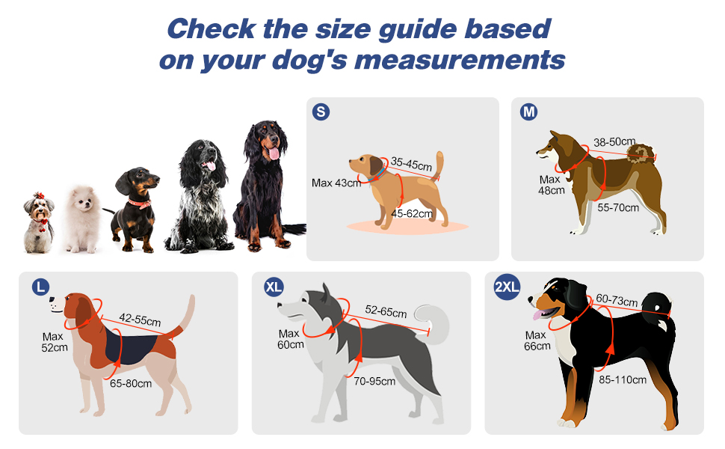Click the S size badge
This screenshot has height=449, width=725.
pos(321,112)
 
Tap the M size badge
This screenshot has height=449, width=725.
pos(528,112)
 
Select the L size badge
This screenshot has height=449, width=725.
pos(40,287)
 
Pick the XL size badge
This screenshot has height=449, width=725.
pos(274,287)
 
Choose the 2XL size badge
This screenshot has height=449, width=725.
pos(507,287)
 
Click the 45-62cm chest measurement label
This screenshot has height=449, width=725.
pos(412,214)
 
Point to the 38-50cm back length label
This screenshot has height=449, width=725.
pos(614,141)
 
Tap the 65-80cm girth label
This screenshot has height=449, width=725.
pos(131,383)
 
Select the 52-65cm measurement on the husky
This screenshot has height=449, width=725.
pos(386,311)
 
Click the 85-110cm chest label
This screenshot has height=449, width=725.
pos(623,380)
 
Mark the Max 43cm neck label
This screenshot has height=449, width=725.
pos(336,183)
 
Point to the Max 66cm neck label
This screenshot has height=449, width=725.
pos(537,340)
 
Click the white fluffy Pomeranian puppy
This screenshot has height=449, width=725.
pos(81,219)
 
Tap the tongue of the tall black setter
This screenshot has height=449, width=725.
pos(274,153)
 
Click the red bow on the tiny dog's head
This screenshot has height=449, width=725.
pos(39,195)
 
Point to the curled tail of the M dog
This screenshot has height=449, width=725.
pos(641,153)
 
